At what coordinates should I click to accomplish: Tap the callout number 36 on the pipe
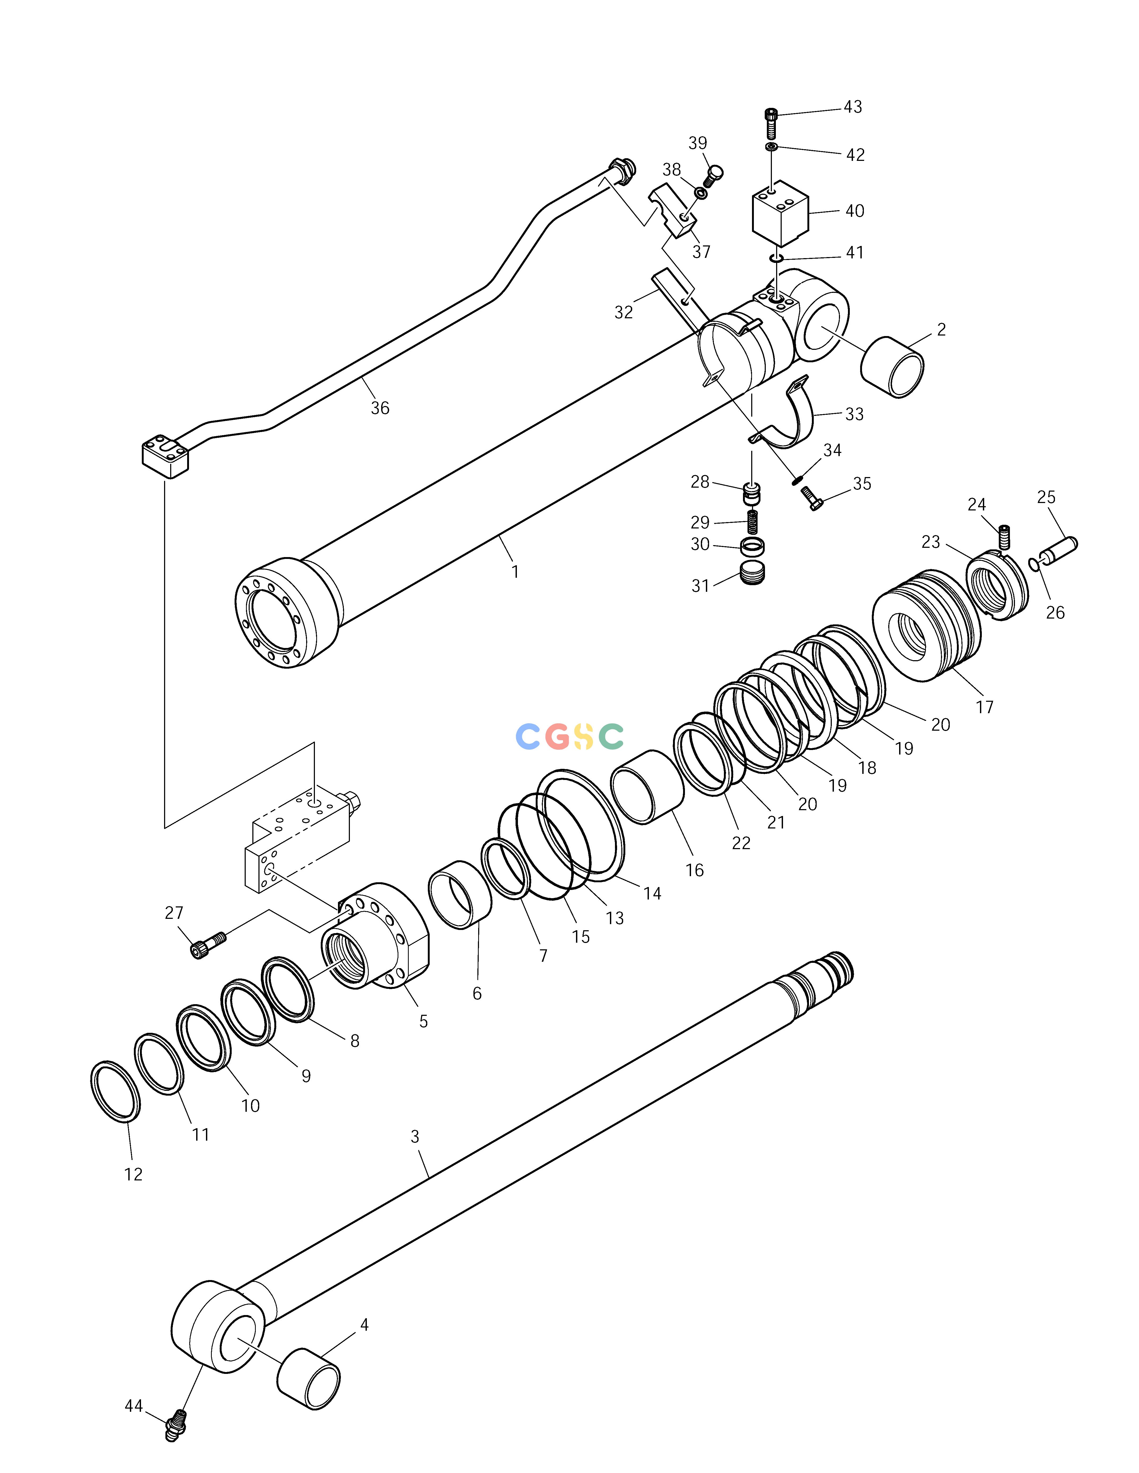[380, 408]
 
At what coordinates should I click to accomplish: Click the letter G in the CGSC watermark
[558, 737]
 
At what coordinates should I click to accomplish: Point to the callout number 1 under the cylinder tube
[516, 572]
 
